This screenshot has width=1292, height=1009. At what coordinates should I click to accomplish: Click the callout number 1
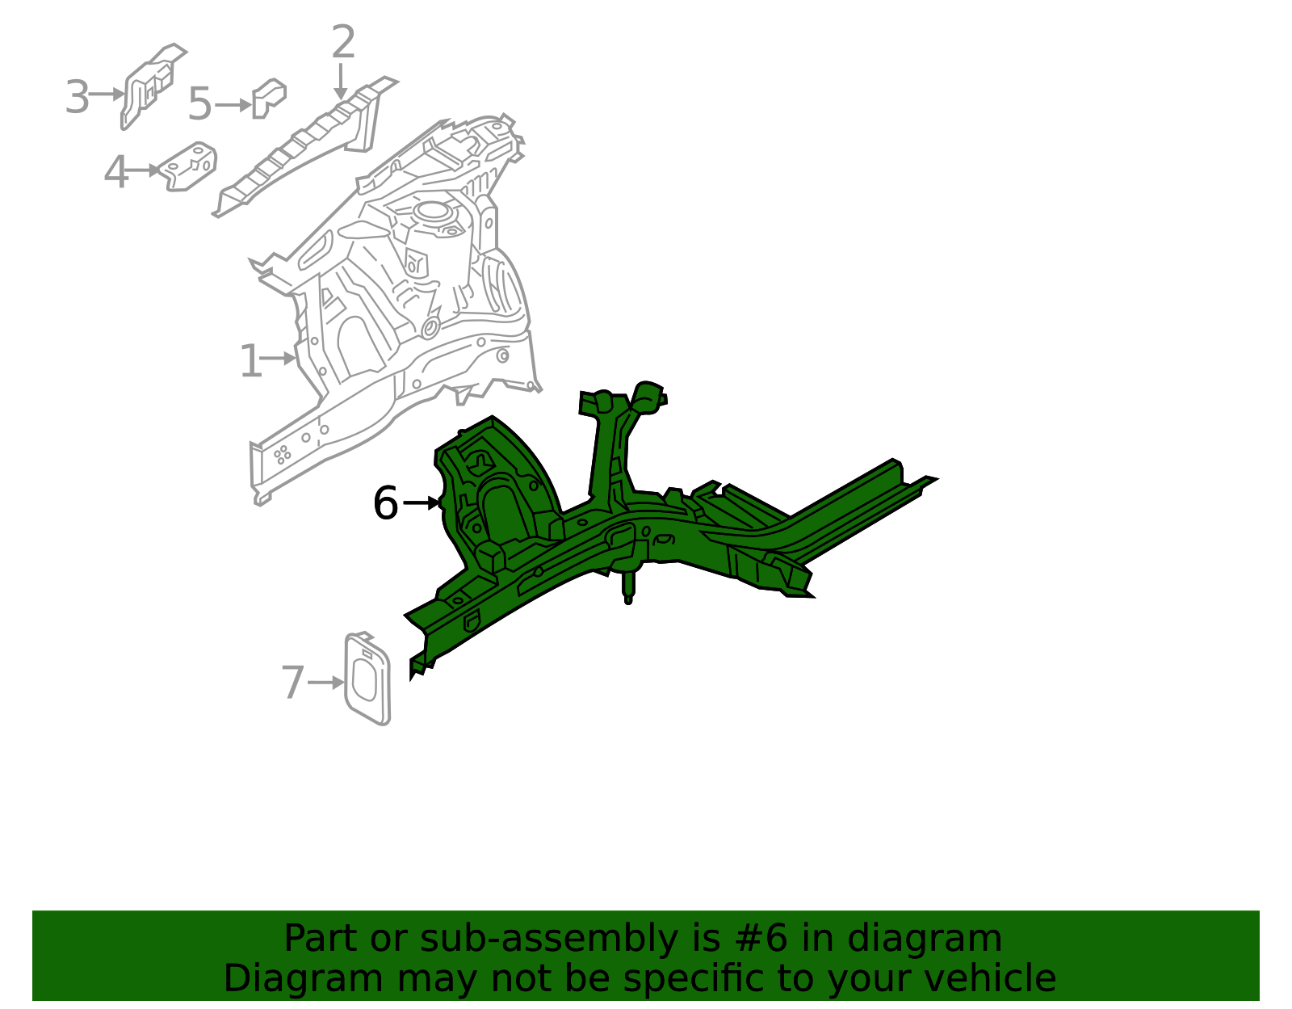[250, 360]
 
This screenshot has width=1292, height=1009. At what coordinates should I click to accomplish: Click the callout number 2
[343, 42]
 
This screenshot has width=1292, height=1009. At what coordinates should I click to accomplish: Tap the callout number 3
[77, 98]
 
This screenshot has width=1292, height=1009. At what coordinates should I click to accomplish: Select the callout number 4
[116, 172]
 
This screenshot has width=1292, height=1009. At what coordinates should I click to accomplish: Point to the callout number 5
[199, 104]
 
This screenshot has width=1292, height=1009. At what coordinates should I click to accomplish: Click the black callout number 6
[385, 503]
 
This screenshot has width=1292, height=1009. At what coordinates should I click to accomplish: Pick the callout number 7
[292, 683]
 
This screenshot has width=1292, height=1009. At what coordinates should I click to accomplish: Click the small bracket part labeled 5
[268, 97]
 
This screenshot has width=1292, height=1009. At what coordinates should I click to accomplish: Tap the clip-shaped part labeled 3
[150, 85]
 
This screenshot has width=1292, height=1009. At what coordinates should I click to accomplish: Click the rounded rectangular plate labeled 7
[367, 679]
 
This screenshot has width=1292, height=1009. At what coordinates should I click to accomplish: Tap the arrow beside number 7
[326, 683]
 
